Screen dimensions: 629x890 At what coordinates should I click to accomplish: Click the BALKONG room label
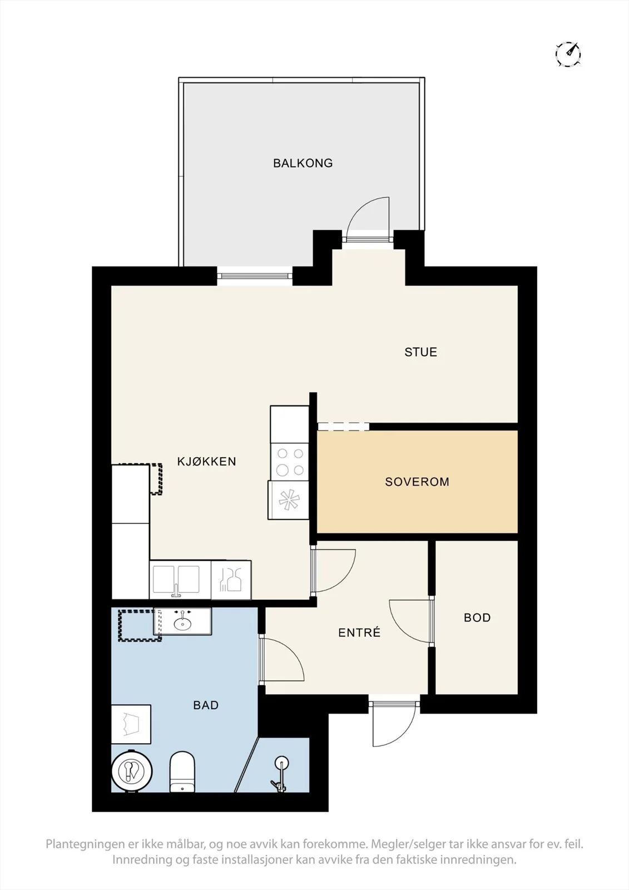[303, 163]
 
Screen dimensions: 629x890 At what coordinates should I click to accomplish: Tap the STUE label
[421, 352]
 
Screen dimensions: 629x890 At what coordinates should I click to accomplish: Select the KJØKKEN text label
[207, 461]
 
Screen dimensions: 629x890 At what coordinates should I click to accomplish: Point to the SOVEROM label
[417, 482]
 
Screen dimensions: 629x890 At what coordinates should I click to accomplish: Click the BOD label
[477, 617]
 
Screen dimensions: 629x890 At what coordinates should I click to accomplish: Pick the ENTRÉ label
[359, 632]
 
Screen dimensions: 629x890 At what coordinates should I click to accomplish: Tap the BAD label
[206, 705]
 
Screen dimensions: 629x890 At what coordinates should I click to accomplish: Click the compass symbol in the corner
[568, 53]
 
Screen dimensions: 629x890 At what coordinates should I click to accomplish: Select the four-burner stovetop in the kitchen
[290, 462]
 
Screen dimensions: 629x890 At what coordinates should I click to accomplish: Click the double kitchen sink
[180, 579]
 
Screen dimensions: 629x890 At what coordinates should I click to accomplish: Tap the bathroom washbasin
[182, 621]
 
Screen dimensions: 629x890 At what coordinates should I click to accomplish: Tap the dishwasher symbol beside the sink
[231, 580]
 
